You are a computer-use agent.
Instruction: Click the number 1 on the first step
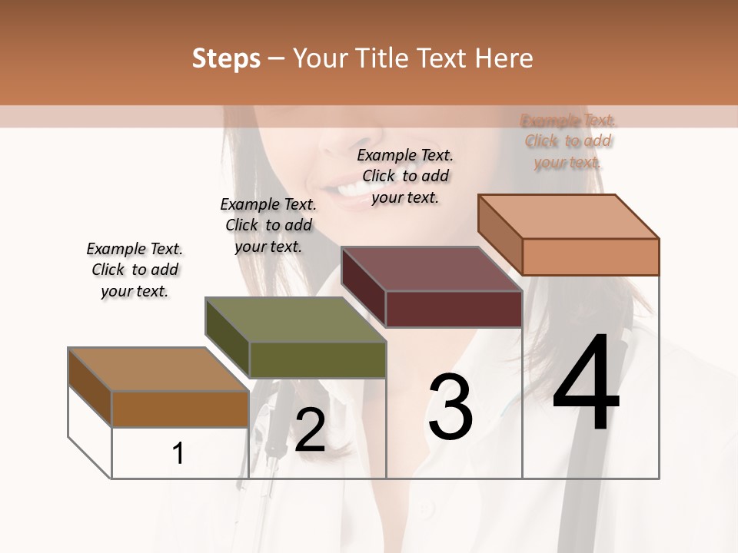point(178,454)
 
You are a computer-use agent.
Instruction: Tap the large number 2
point(310,430)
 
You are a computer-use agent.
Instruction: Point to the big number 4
point(586,384)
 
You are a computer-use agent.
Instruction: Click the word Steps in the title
point(226,58)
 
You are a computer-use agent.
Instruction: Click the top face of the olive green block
point(296,320)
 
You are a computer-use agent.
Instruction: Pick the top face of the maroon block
point(432,269)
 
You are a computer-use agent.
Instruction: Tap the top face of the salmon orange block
point(569,217)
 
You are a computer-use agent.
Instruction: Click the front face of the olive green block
point(317,359)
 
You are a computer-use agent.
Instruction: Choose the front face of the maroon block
point(454,309)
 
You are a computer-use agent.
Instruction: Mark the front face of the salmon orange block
point(590,257)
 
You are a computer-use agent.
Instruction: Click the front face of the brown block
point(180,409)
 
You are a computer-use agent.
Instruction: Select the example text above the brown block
point(135,270)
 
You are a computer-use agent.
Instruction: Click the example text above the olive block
point(268,225)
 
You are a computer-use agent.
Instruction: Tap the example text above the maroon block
point(405,176)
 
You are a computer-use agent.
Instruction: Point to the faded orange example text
point(568,141)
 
